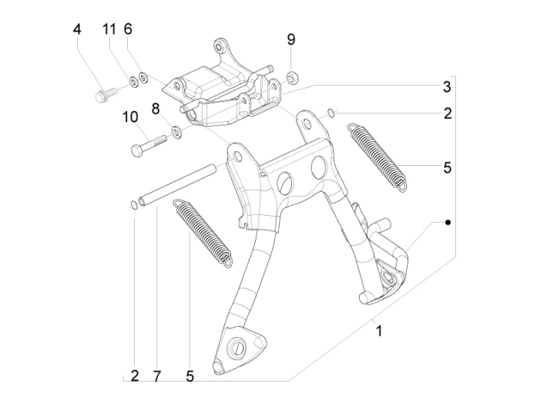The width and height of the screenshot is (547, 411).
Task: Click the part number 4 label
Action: pos(77,29)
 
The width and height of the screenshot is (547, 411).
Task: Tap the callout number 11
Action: pos(109,29)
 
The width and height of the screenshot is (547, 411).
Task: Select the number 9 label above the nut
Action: pos(291,39)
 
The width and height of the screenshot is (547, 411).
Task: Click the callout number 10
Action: pos(129,117)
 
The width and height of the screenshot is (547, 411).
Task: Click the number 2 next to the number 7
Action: pos(134,376)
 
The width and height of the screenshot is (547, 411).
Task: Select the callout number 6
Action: pos(128,29)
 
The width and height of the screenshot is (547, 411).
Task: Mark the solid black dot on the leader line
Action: pos(447,222)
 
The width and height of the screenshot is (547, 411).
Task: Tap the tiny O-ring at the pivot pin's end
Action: pos(132,204)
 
